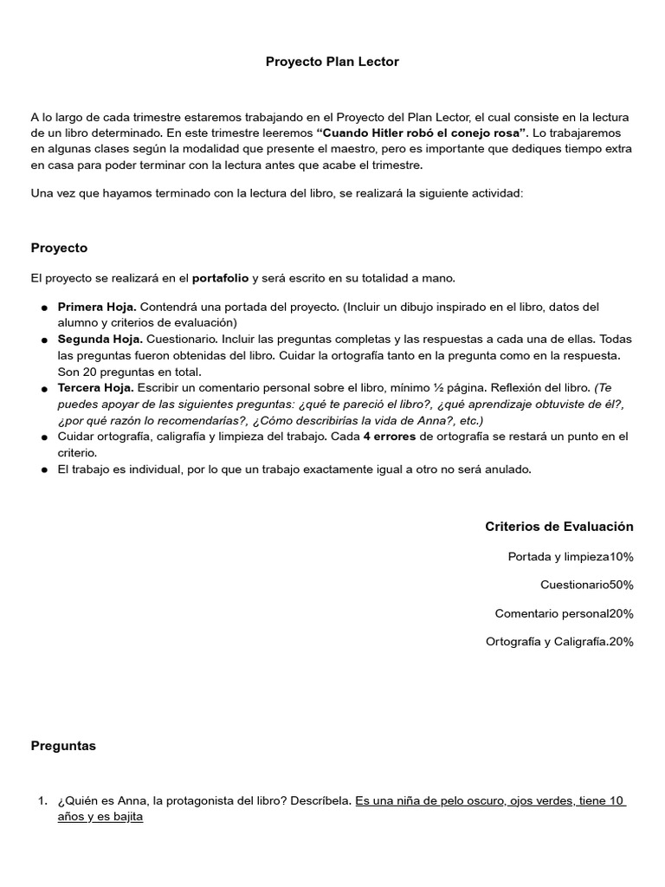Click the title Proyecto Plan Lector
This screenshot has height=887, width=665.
[x=332, y=62]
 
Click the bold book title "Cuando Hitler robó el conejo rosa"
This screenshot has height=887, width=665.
[x=423, y=133]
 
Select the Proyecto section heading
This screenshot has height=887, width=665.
[x=59, y=248]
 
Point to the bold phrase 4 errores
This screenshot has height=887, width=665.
[x=390, y=437]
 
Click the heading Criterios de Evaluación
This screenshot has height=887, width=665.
[x=559, y=526]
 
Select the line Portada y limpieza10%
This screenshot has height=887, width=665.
[x=571, y=556]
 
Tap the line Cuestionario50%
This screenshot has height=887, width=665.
[x=587, y=585]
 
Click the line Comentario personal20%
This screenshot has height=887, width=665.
[x=564, y=613]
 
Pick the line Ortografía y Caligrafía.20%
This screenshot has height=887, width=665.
[x=560, y=641]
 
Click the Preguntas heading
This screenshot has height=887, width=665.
[x=63, y=745]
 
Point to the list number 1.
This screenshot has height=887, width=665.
[x=42, y=800]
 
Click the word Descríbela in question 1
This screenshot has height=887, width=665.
[x=324, y=800]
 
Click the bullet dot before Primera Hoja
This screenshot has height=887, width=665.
[x=43, y=308]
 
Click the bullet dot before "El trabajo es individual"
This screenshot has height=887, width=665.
[x=43, y=469]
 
